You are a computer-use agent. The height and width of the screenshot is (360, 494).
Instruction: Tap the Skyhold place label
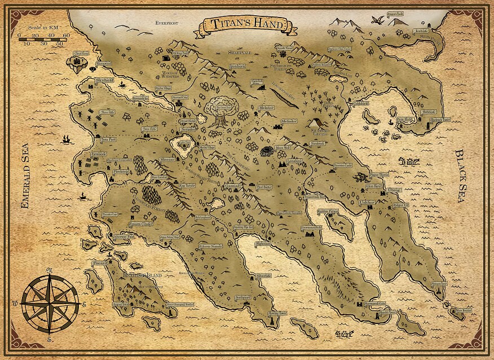pos(104,81)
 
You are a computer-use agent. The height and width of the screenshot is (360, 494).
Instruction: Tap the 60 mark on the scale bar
pos(67,36)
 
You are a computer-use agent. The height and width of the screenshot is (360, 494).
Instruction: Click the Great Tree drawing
pos(219,108)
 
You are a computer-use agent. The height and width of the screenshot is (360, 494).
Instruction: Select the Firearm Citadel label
pos(126,224)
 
